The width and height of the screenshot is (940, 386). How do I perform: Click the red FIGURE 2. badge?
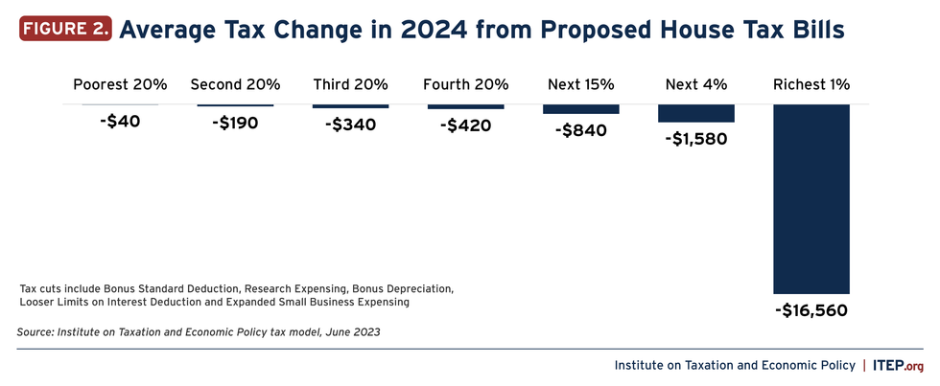[x=63, y=30]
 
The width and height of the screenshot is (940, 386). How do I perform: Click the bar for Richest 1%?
[x=811, y=198]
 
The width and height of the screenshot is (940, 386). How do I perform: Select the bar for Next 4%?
[x=695, y=113]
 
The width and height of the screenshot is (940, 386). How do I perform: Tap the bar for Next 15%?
[x=580, y=109]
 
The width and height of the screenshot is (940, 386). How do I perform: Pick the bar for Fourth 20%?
[x=465, y=106]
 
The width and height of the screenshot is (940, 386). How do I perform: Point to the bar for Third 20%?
[x=350, y=105]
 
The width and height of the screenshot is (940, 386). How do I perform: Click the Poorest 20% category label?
[x=120, y=85]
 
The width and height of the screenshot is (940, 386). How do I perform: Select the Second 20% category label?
[x=235, y=85]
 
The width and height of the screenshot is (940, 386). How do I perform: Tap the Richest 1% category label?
[x=811, y=85]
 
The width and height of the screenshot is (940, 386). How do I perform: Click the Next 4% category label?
[x=695, y=85]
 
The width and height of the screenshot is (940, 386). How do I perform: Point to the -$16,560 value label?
[x=811, y=310]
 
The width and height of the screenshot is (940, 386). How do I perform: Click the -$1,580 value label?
[x=695, y=139]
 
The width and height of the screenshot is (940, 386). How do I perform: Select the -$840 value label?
[x=580, y=130]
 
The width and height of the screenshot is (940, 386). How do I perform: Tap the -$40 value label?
[x=120, y=123]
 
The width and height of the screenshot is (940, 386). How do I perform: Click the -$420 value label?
[x=465, y=125]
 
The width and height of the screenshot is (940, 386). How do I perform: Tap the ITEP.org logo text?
[x=901, y=365]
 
